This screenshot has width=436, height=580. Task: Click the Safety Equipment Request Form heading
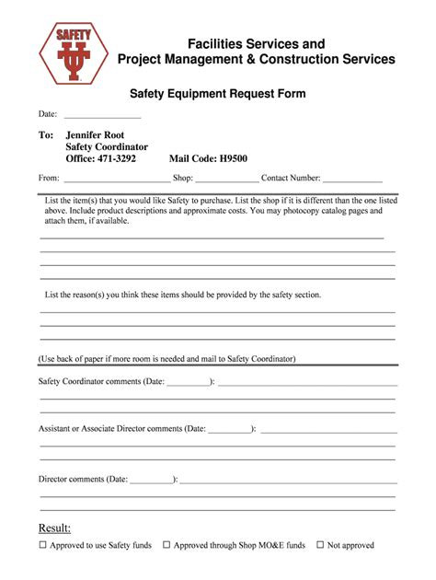217,94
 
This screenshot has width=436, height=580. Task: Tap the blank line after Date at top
101,116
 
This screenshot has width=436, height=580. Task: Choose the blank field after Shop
226,180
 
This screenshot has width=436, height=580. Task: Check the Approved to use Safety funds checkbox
42,545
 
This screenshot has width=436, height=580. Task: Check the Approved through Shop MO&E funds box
166,545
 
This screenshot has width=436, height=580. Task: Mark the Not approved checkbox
320,545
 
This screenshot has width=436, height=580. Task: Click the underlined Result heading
54,528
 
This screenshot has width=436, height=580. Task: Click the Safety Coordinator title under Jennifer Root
107,146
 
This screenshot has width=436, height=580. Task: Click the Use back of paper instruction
166,358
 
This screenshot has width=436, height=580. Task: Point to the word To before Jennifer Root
46,134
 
